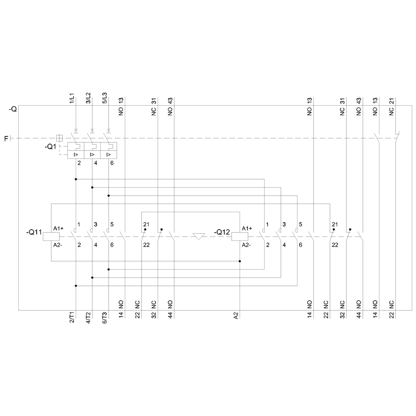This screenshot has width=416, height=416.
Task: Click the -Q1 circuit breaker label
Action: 50,146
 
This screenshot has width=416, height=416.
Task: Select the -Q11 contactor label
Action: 34,232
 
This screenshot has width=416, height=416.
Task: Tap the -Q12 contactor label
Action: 222,232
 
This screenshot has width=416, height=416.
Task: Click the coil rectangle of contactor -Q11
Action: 51,236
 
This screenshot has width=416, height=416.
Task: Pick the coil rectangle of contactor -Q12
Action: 240,236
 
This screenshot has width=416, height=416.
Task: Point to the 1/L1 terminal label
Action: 72,98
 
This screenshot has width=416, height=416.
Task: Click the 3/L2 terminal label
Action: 88,98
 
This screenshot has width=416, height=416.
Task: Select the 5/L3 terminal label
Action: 104,98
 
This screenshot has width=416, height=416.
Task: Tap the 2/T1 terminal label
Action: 72,317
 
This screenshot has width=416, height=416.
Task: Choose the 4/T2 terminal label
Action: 88,317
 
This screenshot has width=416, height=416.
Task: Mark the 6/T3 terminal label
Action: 104,317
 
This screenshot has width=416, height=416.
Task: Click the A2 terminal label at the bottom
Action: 236,315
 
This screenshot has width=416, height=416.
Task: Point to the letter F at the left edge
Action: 6,139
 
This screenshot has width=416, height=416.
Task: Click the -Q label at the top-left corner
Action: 13,109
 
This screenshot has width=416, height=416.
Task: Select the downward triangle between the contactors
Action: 199,236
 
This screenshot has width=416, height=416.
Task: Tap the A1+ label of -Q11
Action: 58,228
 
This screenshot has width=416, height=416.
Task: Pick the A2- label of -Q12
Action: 246,245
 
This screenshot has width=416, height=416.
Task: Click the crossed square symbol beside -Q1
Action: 59,138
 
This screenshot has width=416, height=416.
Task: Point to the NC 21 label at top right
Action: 391,106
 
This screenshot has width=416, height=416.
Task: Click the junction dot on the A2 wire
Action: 240,261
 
